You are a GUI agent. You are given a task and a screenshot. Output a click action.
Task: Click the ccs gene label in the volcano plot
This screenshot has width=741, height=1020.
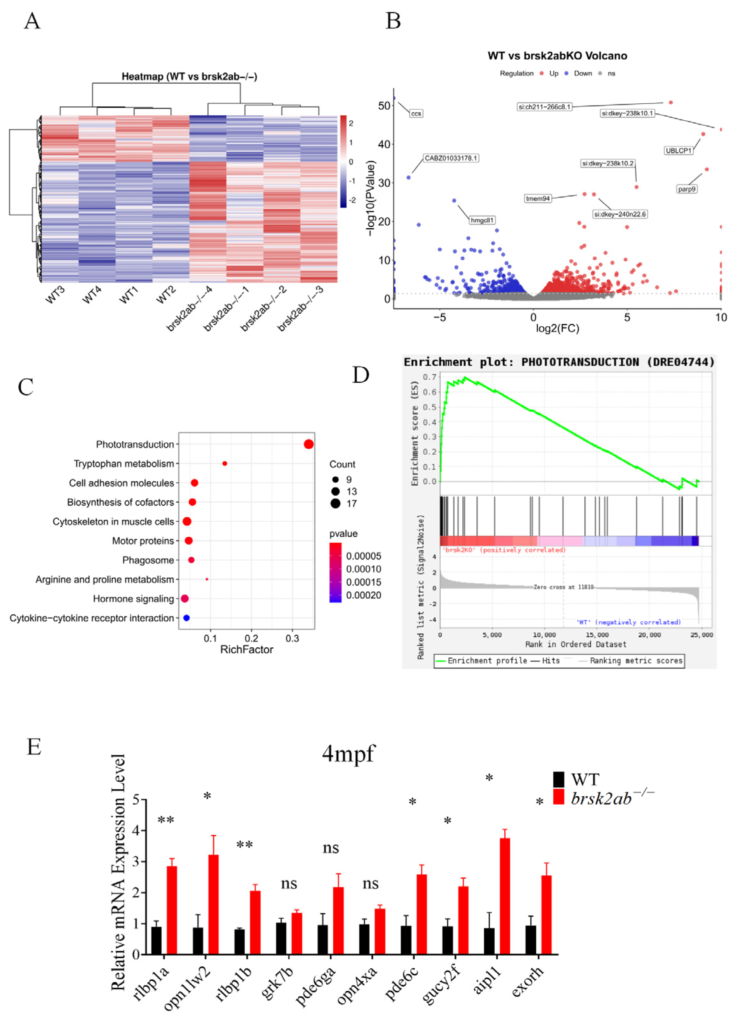point(416,113)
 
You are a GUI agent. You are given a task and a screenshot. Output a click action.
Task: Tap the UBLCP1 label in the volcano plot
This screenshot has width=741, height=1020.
point(678,151)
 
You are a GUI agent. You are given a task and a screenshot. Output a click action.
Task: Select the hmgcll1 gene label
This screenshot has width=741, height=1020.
point(482,220)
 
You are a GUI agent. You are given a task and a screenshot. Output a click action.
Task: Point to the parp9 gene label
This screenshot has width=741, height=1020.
point(687,189)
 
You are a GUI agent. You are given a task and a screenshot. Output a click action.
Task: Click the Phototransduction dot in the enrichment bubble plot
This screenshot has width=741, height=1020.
point(309,444)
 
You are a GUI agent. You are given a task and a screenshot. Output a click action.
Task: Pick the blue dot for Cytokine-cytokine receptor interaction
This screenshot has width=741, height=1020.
point(187,618)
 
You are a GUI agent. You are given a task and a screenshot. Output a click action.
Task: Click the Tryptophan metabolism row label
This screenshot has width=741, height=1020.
point(124,464)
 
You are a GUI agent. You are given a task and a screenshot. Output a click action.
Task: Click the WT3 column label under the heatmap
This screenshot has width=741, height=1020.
point(55,295)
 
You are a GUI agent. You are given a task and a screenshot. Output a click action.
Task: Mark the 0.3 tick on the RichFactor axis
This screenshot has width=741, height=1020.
point(292,638)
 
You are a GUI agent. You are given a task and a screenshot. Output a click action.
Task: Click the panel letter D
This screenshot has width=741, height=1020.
point(361,375)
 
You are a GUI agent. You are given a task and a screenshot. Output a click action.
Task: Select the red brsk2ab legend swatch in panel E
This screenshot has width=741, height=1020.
point(558,797)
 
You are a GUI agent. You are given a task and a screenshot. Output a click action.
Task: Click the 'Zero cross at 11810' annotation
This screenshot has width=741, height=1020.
point(563,587)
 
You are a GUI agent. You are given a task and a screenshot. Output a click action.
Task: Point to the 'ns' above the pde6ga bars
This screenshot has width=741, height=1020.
point(331,848)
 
